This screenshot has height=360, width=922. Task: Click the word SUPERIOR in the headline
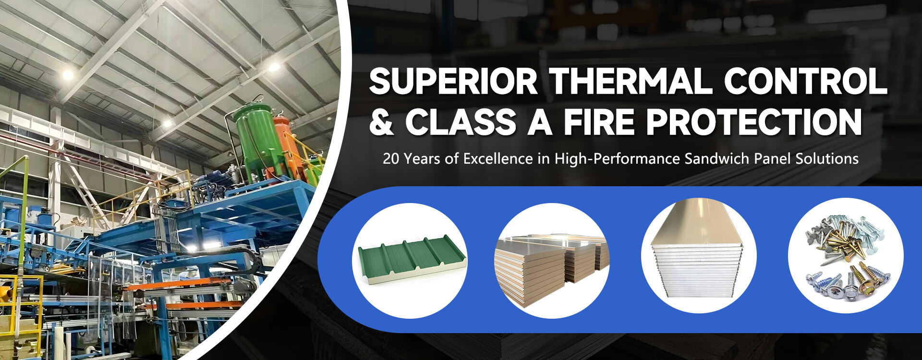453,81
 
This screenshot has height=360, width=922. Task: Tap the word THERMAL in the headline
631,81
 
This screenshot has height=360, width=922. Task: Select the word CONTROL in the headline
805,81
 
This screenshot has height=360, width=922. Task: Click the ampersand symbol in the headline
382,122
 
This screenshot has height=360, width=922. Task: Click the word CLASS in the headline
461,122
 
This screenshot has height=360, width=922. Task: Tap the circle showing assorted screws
846,256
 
